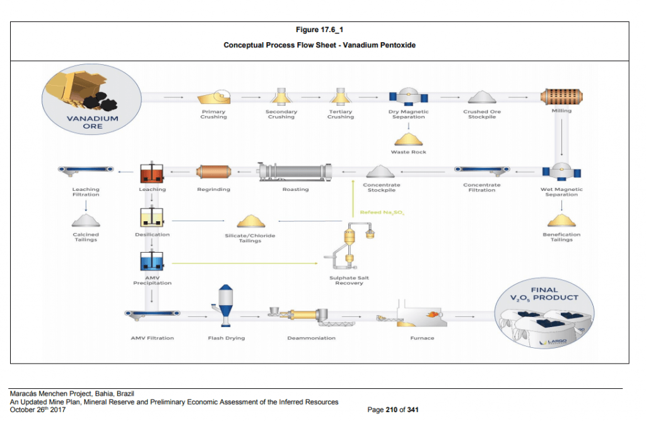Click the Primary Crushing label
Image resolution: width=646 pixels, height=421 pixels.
pyautogui.click(x=213, y=114)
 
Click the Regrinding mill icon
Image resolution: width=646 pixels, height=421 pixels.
pyautogui.click(x=213, y=171)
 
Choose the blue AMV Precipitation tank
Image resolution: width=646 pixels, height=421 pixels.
pyautogui.click(x=152, y=260)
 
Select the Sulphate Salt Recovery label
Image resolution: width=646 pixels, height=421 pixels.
pyautogui.click(x=349, y=280)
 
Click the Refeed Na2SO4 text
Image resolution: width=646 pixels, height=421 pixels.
pyautogui.click(x=382, y=213)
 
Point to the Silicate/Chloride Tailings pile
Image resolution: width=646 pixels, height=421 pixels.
pyautogui.click(x=250, y=221)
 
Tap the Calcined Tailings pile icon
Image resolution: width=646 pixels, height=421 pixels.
pyautogui.click(x=85, y=220)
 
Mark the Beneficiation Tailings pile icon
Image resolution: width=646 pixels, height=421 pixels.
pyautogui.click(x=561, y=220)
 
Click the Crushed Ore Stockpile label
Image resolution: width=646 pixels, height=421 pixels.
pyautogui.click(x=482, y=114)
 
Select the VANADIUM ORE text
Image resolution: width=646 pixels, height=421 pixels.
pyautogui.click(x=92, y=122)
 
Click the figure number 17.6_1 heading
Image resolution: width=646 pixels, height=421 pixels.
pyautogui.click(x=319, y=30)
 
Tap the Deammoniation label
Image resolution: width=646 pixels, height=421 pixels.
pyautogui.click(x=311, y=338)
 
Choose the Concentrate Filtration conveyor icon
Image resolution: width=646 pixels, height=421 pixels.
pyautogui.click(x=482, y=170)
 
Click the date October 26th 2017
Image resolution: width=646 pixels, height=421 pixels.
pyautogui.click(x=38, y=410)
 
